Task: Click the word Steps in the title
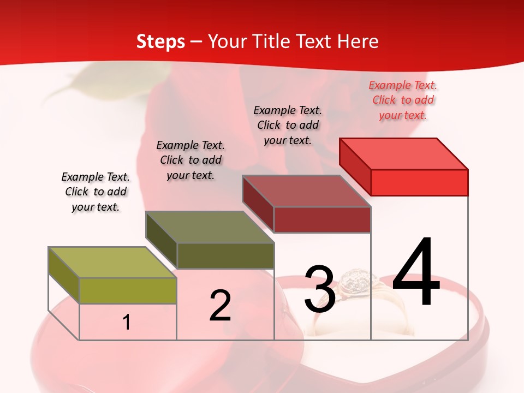pyautogui.click(x=160, y=41)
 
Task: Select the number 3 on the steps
pyautogui.click(x=320, y=289)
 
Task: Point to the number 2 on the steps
pyautogui.click(x=221, y=306)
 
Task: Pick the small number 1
pyautogui.click(x=127, y=322)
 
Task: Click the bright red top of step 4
pyautogui.click(x=404, y=153)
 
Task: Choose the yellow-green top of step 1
pyautogui.click(x=112, y=263)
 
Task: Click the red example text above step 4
pyautogui.click(x=403, y=100)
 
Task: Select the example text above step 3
pyautogui.click(x=288, y=125)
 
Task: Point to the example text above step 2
pyautogui.click(x=190, y=160)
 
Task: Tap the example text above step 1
pyautogui.click(x=96, y=192)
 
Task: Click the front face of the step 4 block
pyautogui.click(x=419, y=182)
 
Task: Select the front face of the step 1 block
pyautogui.click(x=128, y=290)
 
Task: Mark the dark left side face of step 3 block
pyautogui.click(x=258, y=204)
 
